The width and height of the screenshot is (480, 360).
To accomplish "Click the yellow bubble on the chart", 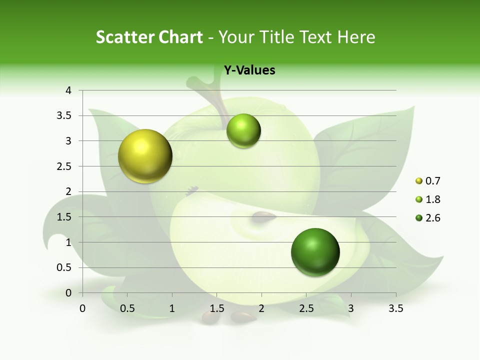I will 145,156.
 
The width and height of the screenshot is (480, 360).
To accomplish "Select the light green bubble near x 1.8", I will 243,131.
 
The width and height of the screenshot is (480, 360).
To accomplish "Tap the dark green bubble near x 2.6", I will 315,252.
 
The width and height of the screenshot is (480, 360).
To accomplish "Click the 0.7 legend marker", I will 419,181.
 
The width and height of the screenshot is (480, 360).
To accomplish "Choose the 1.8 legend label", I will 432,199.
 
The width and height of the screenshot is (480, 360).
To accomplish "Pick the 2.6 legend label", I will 432,218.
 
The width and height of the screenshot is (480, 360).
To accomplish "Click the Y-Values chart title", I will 249,70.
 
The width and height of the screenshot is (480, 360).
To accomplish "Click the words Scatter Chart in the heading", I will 149,37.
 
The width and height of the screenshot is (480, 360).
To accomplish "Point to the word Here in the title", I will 356,37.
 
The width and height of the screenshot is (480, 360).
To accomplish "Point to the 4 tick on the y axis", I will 68,90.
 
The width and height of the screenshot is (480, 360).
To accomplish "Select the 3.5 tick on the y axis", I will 65,115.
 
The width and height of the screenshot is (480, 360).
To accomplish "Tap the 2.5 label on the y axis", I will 65,166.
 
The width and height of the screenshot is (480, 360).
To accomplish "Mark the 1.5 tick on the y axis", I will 65,217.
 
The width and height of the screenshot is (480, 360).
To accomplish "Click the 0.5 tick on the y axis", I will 65,267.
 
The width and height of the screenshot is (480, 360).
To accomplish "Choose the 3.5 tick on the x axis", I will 395,309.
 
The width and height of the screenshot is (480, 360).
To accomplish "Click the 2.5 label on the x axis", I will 306,309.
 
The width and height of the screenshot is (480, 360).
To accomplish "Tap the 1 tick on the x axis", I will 172,309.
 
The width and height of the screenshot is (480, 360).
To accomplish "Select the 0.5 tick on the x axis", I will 127,309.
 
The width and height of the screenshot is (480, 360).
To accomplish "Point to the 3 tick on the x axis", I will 351,309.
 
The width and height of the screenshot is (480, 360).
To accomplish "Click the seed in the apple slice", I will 263,216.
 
